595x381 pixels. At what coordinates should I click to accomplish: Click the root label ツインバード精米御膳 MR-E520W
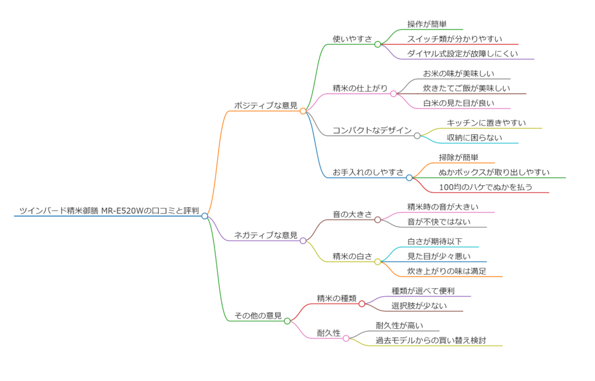pyautogui.click(x=109, y=210)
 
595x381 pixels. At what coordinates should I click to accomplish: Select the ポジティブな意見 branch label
pyautogui.click(x=266, y=105)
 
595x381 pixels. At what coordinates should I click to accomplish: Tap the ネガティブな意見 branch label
pyautogui.click(x=266, y=235)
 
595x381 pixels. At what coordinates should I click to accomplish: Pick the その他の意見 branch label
pyautogui.click(x=258, y=315)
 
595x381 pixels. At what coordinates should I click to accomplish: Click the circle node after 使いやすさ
pyautogui.click(x=378, y=44)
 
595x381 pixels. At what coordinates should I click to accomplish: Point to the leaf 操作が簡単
pyautogui.click(x=427, y=24)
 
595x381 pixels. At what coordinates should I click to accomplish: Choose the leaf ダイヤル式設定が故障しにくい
pyautogui.click(x=462, y=53)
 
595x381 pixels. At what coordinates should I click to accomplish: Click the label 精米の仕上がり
pyautogui.click(x=360, y=88)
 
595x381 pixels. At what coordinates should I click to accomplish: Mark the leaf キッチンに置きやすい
pyautogui.click(x=486, y=123)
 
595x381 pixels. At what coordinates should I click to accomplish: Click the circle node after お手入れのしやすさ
pyautogui.click(x=409, y=178)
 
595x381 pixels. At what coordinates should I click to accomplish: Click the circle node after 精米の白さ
pyautogui.click(x=378, y=261)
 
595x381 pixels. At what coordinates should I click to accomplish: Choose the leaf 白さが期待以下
pyautogui.click(x=435, y=241)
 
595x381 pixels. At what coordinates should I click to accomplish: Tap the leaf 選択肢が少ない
pyautogui.click(x=420, y=305)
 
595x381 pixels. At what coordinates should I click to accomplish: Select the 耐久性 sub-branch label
pyautogui.click(x=329, y=333)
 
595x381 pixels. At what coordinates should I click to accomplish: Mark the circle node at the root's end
pyautogui.click(x=205, y=216)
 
